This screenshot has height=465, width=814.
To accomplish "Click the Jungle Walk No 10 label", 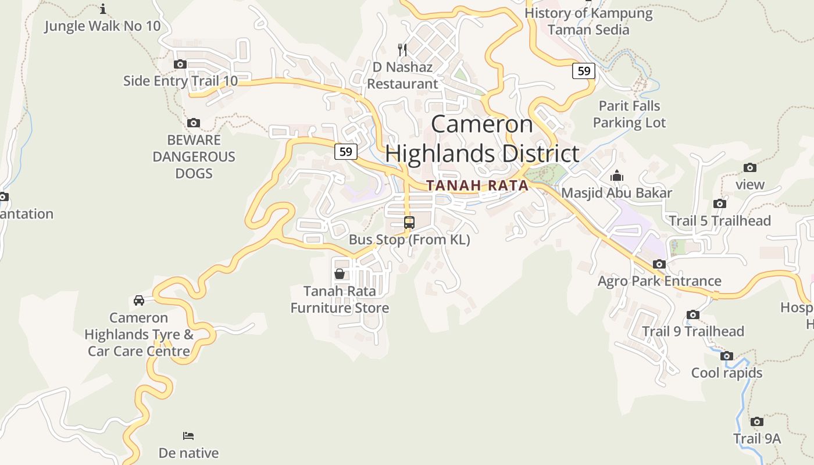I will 102,26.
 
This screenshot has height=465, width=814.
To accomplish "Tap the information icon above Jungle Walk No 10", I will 103,9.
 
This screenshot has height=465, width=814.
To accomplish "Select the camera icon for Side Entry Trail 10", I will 180,64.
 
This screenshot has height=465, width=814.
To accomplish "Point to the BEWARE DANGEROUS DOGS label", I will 194,156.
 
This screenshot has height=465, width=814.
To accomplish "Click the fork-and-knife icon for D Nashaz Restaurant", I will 402,49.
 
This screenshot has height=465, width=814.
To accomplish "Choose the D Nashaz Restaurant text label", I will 402,76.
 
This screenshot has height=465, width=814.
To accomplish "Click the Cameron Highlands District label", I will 482,139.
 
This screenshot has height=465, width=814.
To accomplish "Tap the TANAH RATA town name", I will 477,185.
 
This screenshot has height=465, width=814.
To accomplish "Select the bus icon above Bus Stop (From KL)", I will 409,223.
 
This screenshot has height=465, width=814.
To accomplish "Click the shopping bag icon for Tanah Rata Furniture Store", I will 340,273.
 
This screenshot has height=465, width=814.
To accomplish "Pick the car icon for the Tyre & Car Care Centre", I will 139,300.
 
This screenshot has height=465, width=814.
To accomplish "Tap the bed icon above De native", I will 188,435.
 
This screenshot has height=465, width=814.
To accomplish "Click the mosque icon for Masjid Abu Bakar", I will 616,176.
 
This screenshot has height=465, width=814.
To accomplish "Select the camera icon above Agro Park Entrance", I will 659,264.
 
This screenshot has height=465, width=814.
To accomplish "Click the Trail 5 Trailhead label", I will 720,221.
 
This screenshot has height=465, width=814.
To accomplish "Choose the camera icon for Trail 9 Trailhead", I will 693,314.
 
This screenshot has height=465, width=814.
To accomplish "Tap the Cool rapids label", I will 727,373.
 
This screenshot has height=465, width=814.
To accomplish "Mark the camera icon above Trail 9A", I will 756,421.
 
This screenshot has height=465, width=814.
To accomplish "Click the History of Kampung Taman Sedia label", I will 588,21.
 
